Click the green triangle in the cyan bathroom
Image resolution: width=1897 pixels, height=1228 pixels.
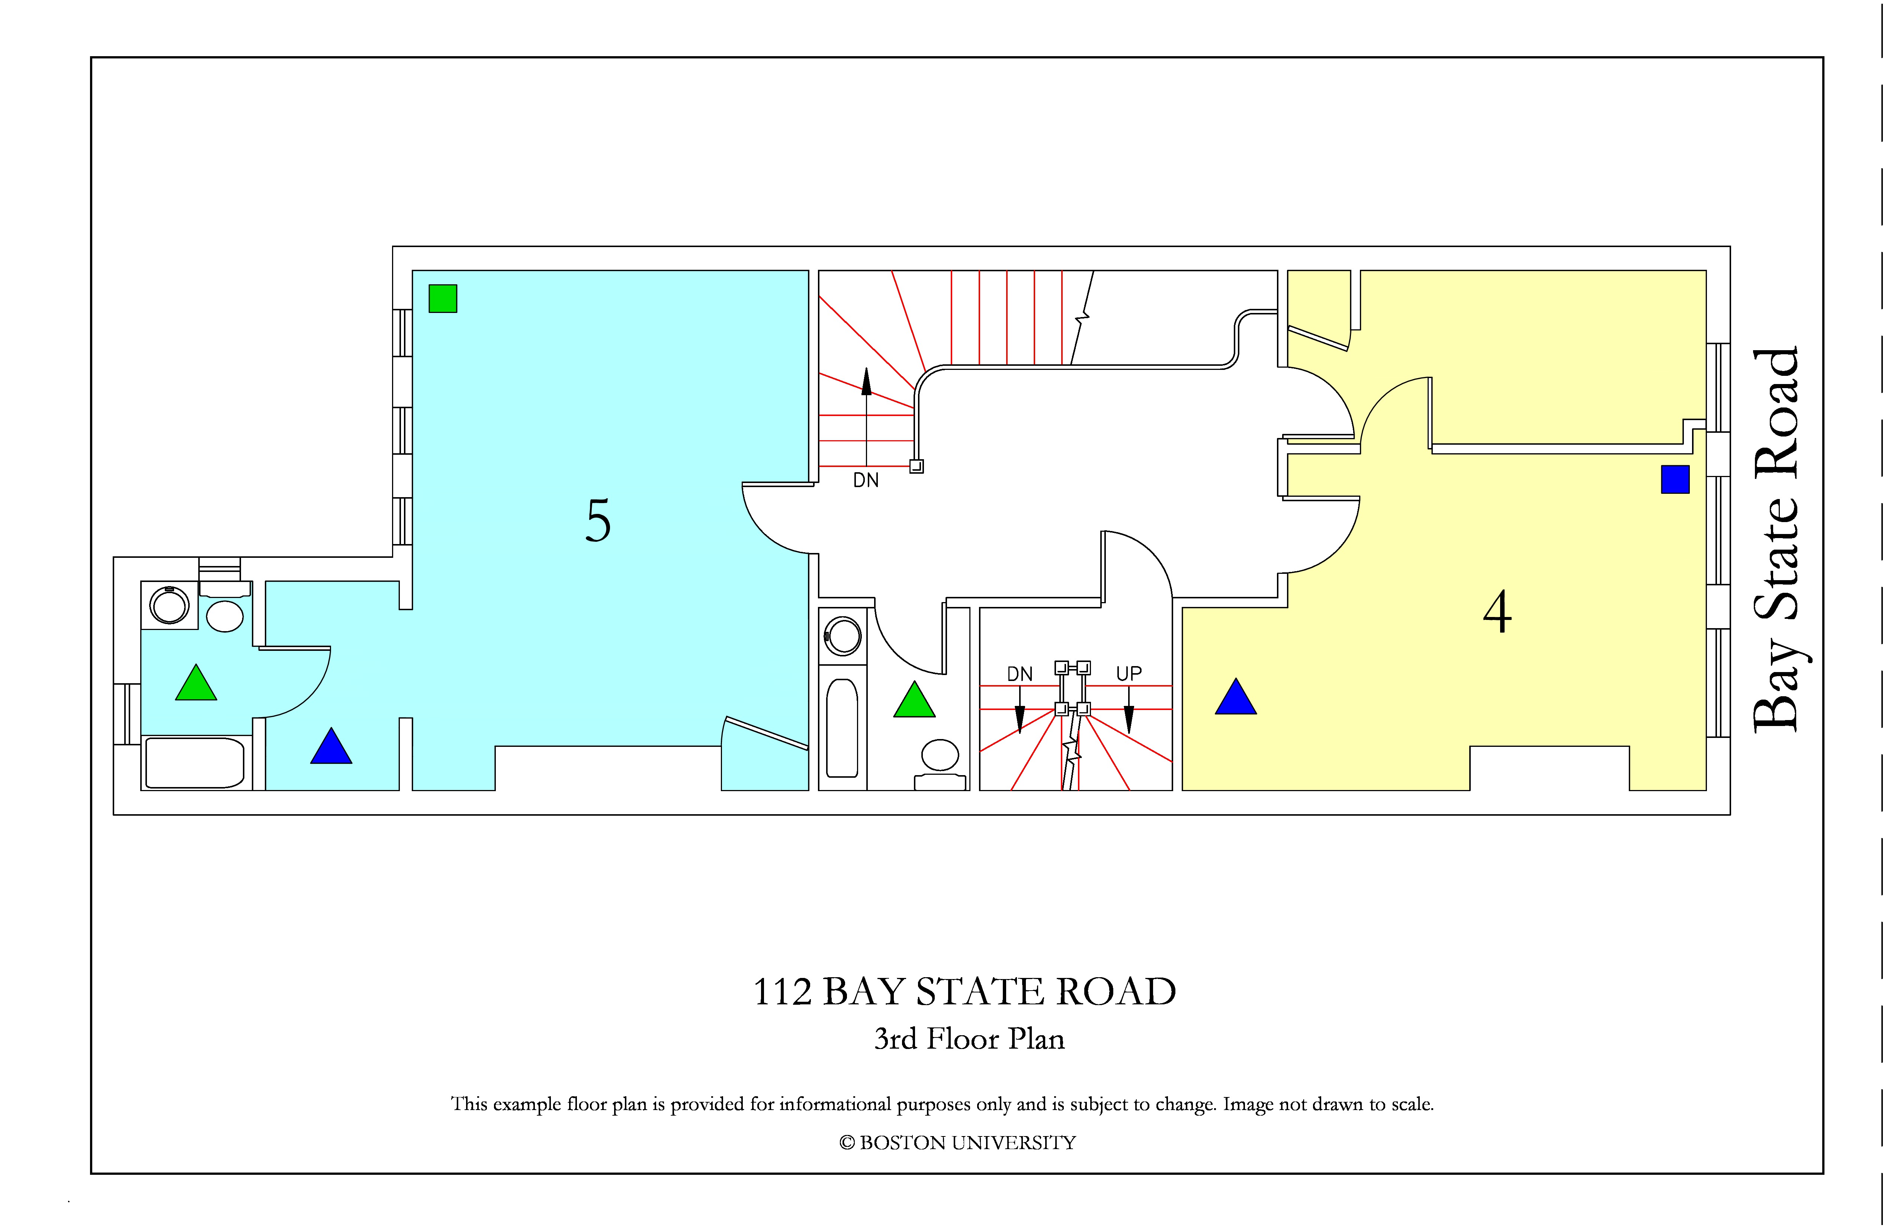pyautogui.click(x=196, y=682)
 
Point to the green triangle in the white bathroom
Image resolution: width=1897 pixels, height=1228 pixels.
pyautogui.click(x=914, y=699)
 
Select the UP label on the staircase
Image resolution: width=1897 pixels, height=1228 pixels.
pyautogui.click(x=1129, y=674)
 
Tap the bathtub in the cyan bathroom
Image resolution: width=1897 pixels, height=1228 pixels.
pyautogui.click(x=195, y=763)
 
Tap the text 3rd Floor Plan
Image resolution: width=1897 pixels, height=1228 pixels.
pyautogui.click(x=969, y=1039)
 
